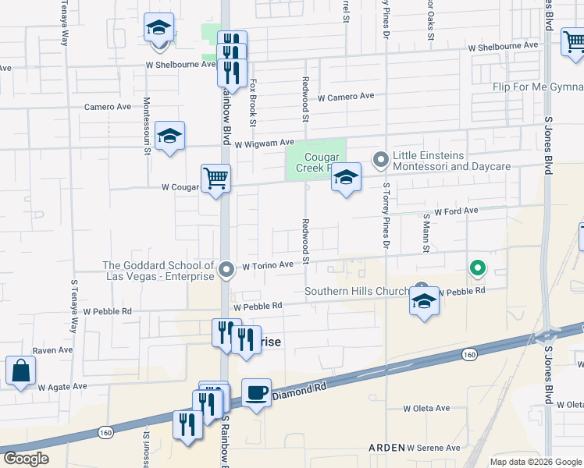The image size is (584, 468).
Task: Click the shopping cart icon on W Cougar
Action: point(215,177)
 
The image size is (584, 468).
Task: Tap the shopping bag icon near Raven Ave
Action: point(20,370)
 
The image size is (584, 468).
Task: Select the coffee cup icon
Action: point(256,392)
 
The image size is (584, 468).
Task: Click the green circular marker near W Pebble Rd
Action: point(478,269)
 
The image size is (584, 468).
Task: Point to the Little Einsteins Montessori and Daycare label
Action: point(451,161)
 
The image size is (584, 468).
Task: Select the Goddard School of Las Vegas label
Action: point(158,271)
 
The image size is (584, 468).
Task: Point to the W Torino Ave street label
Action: point(268,265)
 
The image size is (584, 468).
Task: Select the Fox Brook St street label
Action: point(253,101)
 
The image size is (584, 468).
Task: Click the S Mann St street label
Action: point(426,232)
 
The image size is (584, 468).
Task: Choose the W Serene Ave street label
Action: point(433,448)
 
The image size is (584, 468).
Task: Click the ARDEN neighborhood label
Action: point(386,448)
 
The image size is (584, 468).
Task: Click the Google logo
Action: point(26,459)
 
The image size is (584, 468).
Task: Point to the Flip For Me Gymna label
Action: point(538,87)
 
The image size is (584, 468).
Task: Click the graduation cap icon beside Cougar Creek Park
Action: point(346,178)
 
